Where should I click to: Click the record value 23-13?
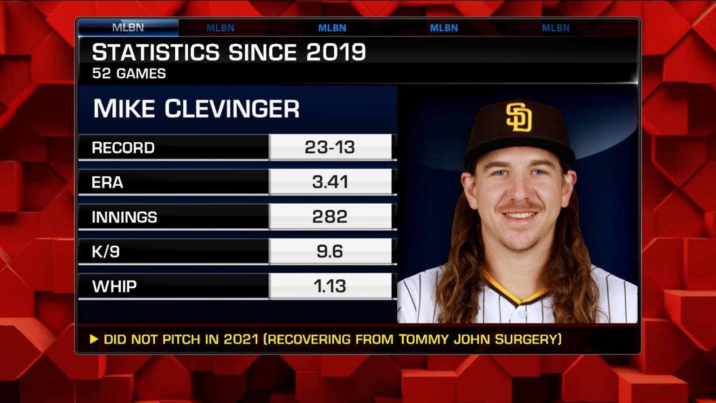tap(330, 147)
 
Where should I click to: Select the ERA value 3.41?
tap(330, 182)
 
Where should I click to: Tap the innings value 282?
tap(330, 216)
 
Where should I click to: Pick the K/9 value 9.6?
tap(330, 251)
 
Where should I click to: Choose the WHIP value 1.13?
tap(330, 286)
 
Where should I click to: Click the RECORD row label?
tap(123, 148)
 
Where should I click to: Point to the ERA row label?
tap(107, 182)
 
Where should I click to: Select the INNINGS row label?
tap(124, 217)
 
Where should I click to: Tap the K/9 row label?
tap(106, 252)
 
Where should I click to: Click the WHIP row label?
tap(114, 286)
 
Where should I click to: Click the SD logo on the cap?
tap(519, 117)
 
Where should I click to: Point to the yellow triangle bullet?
tap(94, 339)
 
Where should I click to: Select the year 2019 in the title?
tap(336, 52)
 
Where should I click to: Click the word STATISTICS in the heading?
tap(156, 52)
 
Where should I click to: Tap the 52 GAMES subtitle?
tap(129, 74)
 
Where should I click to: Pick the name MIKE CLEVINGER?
tap(196, 109)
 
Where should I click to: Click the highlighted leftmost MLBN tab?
tap(128, 28)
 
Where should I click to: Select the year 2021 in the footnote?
tap(241, 339)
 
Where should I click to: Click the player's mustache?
tap(520, 206)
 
